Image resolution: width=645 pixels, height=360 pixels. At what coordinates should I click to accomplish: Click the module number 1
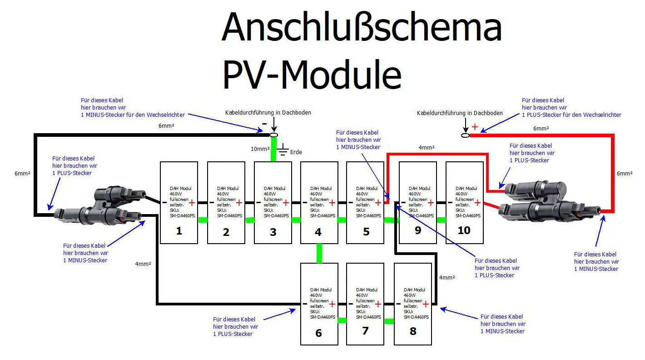179,231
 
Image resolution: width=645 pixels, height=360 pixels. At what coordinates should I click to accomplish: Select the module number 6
318,333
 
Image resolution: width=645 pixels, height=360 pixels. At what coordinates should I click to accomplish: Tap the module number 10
464,230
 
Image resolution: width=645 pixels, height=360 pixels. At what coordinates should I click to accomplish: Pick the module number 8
413,331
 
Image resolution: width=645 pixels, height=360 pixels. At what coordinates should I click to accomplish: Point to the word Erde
297,152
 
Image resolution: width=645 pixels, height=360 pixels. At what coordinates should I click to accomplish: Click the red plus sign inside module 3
286,203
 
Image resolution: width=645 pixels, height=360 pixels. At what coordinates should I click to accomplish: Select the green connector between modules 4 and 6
319,253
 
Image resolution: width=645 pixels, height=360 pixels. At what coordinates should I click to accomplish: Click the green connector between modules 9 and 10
441,220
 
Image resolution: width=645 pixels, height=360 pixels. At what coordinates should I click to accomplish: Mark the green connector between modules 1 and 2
203,220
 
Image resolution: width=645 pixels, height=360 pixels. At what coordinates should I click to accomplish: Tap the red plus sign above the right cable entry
475,127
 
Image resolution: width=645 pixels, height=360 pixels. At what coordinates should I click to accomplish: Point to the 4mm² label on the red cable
427,148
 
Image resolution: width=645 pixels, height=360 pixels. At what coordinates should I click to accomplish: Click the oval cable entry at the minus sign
273,135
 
